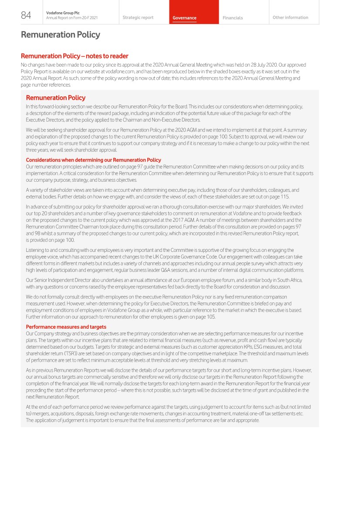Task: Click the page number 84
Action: [26, 15]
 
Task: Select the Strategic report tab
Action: [138, 18]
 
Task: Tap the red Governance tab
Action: [184, 18]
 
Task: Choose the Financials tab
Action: [233, 18]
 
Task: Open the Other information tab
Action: [290, 18]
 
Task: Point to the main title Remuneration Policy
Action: [61, 34]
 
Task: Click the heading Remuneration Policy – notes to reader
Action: [75, 56]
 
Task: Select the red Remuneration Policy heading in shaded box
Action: [55, 98]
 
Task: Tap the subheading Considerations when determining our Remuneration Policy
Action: [93, 160]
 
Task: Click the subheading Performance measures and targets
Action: [66, 327]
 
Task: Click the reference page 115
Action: [281, 197]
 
